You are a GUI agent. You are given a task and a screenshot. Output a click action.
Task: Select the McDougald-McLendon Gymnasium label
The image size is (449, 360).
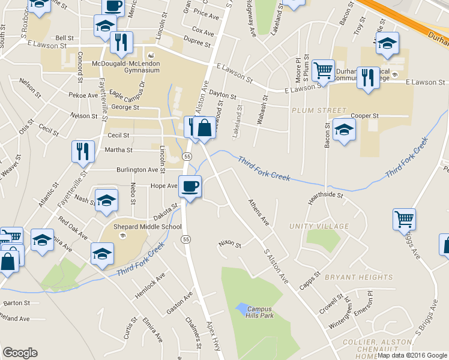pos(126,66)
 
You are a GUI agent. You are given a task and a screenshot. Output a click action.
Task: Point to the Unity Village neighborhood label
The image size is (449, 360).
pos(319,226)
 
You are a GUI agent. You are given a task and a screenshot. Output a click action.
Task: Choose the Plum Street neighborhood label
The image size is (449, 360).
pos(319,111)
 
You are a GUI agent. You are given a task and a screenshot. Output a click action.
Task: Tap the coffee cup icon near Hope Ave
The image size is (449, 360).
pos(190,187)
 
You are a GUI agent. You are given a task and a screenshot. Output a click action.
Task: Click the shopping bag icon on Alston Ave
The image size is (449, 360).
pos(204,128)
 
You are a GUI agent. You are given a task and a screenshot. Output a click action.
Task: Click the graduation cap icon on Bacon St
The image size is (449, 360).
pos(343,130)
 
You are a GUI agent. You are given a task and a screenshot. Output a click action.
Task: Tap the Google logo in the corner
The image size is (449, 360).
pos(20,353)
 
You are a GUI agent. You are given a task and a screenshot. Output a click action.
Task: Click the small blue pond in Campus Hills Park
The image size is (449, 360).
pos(241,310)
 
